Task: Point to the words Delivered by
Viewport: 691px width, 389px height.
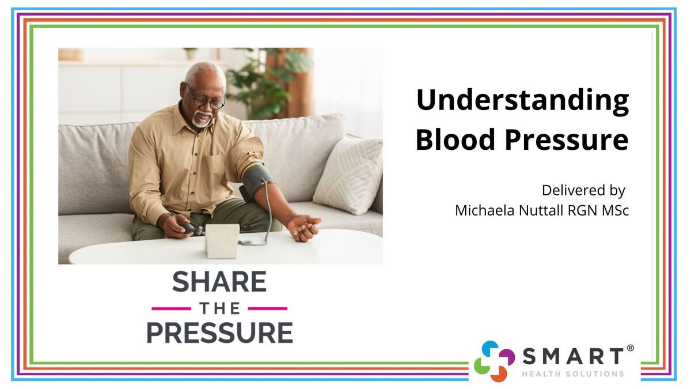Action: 583,191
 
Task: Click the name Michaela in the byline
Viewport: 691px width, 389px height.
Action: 485,210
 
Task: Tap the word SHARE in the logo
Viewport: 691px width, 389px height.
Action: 219,281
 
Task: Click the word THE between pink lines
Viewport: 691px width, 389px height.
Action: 219,308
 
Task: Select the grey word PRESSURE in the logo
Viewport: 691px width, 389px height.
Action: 219,333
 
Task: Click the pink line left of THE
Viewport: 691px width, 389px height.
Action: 171,308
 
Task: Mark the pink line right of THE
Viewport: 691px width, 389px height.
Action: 268,308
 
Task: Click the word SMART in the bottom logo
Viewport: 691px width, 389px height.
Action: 573,356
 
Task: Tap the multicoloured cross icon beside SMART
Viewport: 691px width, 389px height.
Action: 494,361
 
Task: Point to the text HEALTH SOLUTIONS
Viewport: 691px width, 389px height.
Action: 573,374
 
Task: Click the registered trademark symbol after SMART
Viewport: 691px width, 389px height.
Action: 631,348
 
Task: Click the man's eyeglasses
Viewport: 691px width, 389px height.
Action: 206,99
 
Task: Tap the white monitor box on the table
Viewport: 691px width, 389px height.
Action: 222,241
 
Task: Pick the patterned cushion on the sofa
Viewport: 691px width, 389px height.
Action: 348,175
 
